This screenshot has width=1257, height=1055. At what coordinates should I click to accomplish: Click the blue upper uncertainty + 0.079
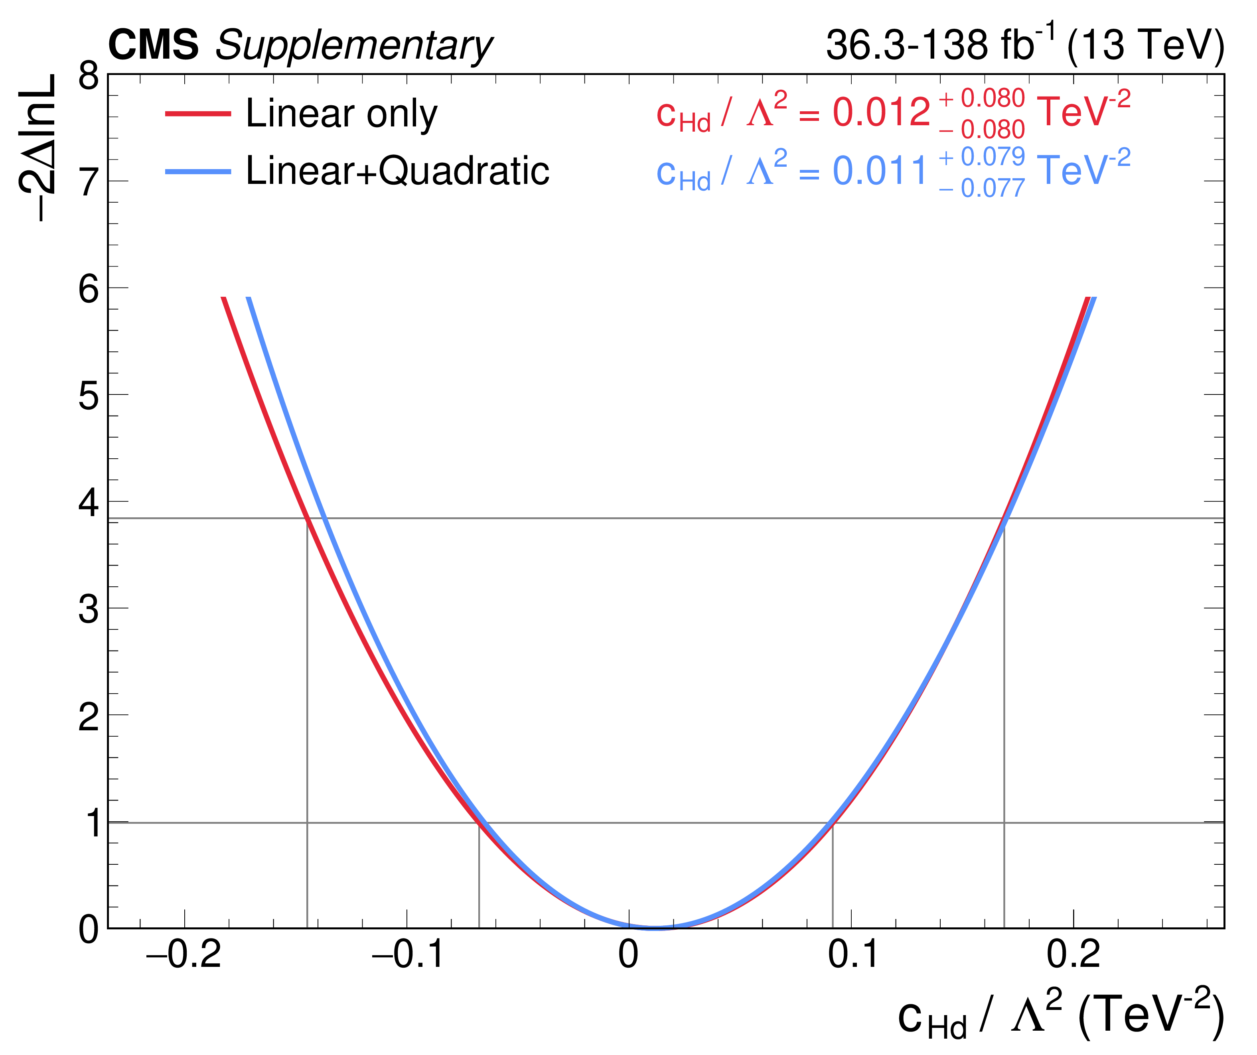(982, 157)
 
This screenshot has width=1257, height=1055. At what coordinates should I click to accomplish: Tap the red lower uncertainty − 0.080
(982, 129)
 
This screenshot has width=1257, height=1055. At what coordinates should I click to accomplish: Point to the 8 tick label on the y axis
(89, 76)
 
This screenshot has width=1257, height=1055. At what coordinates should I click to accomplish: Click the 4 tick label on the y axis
(89, 503)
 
